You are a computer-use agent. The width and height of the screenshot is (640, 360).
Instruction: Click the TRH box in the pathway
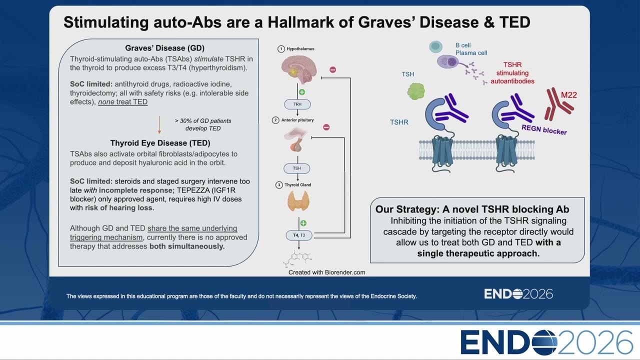pyautogui.click(x=297, y=104)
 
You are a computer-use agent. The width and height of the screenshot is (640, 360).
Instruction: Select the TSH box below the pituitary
pyautogui.click(x=297, y=168)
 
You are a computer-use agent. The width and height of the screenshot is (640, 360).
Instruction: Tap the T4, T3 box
pyautogui.click(x=299, y=235)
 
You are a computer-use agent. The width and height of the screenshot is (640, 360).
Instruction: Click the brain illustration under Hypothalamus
pyautogui.click(x=299, y=69)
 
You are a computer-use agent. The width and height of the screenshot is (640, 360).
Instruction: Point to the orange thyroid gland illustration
pyautogui.click(x=298, y=201)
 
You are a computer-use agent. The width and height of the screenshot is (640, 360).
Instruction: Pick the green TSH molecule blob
pyautogui.click(x=416, y=91)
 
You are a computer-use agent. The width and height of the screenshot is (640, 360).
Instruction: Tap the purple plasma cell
pyautogui.click(x=447, y=61)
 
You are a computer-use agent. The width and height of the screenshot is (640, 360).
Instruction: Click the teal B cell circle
pyautogui.click(x=435, y=46)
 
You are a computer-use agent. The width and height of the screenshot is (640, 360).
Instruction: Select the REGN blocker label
pyautogui.click(x=544, y=129)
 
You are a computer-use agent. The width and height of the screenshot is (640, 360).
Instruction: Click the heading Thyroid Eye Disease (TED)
pyautogui.click(x=160, y=143)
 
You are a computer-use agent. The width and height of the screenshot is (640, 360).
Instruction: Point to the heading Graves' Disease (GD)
pyautogui.click(x=165, y=48)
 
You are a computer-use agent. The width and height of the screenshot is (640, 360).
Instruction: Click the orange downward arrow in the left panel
pyautogui.click(x=159, y=125)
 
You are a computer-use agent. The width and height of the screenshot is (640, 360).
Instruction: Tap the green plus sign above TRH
pyautogui.click(x=302, y=92)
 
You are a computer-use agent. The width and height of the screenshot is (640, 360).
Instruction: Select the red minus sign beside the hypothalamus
pyautogui.click(x=332, y=69)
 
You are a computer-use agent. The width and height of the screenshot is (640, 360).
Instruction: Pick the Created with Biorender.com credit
pyautogui.click(x=327, y=272)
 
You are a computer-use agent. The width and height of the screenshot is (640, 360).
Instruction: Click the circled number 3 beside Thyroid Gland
pyautogui.click(x=279, y=185)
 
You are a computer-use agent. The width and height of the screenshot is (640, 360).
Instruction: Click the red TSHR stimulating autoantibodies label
pyautogui.click(x=512, y=73)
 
